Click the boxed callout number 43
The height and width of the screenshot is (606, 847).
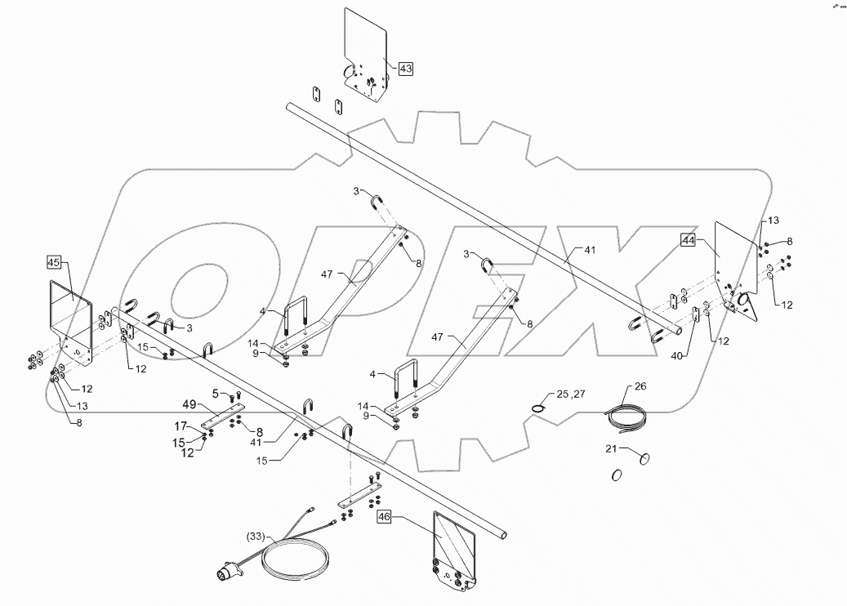405,69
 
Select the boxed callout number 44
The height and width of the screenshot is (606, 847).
689,240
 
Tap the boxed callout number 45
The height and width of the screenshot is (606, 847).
54,263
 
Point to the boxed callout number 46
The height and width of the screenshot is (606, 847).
385,516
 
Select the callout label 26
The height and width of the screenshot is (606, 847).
640,386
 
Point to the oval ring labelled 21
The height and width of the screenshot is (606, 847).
644,459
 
